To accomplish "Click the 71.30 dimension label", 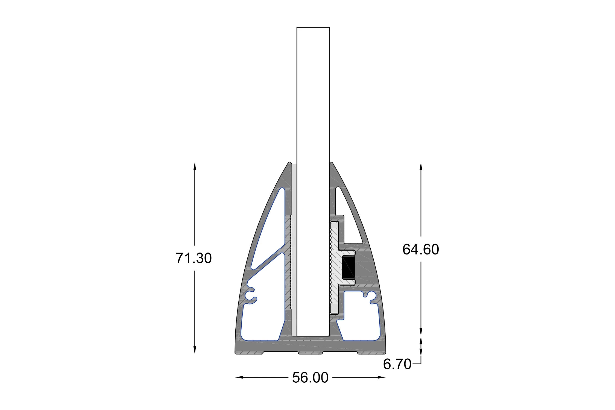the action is coord(194,258).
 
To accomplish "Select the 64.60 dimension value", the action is coord(421,249).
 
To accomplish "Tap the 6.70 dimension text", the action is coord(397,364).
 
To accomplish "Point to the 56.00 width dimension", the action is coord(310,377).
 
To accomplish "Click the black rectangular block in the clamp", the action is coord(348,267).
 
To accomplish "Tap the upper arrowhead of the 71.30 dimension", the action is coord(195,166).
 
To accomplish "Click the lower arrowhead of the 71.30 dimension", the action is coord(195,350).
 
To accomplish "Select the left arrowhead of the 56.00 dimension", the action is coord(239,377).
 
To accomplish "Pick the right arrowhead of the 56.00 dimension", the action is coord(382,377).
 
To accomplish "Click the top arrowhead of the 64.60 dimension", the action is coord(421,166).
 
